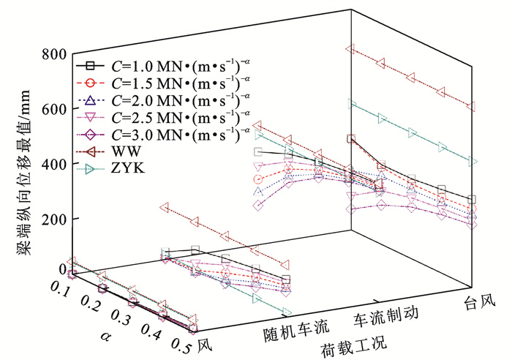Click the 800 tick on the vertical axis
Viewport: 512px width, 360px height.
coord(54,53)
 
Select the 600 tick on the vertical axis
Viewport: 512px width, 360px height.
coord(54,109)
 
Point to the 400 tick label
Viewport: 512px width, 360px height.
coord(54,164)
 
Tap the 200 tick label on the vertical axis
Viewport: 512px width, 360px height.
coord(54,219)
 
